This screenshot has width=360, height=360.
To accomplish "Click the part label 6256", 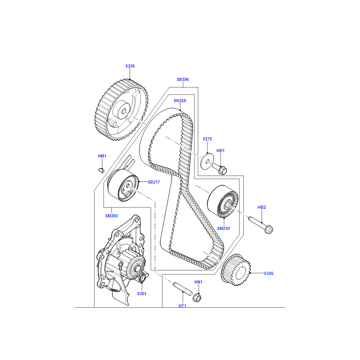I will click(130, 66).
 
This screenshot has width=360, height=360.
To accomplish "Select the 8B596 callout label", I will click(182, 80).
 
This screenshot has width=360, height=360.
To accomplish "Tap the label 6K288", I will click(180, 101).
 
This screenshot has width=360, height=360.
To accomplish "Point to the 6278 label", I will click(207, 139).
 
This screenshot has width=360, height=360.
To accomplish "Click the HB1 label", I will click(220, 151).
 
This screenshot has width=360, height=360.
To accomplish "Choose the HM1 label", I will click(102, 156).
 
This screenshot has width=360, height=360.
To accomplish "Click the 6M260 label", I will click(112, 216).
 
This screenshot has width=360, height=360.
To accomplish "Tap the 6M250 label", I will click(224, 229).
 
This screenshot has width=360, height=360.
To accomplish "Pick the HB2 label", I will click(262, 207).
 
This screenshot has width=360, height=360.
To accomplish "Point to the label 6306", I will click(269, 273).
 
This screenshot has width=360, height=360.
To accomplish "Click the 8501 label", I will click(141, 293).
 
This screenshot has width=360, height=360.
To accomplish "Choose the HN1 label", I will click(198, 282).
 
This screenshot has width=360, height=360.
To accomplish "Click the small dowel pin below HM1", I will click(102, 170).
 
